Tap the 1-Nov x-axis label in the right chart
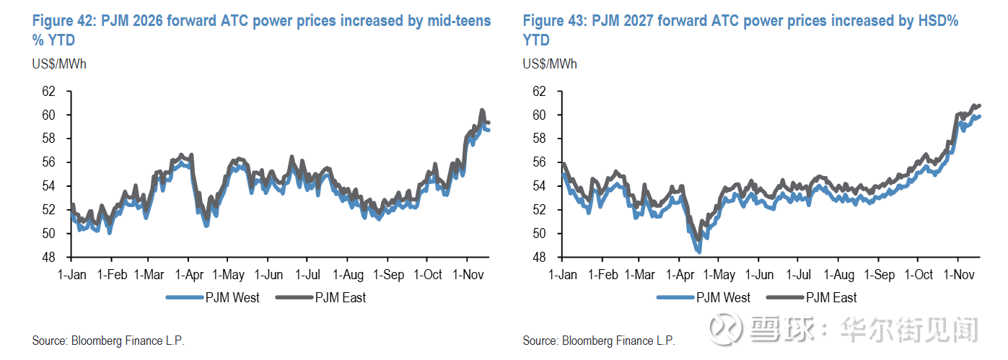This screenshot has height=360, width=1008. click(958, 275)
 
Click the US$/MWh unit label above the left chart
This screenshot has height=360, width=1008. click(58, 64)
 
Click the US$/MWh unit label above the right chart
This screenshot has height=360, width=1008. click(550, 64)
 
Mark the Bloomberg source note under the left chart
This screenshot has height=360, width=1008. click(108, 341)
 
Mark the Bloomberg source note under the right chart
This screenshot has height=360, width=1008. click(599, 341)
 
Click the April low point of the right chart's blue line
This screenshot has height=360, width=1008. click(698, 251)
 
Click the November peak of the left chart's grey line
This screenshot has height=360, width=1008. click(482, 110)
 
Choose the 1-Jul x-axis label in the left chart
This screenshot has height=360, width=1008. click(308, 275)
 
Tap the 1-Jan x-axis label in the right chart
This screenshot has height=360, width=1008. click(563, 275)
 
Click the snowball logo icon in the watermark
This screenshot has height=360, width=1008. click(725, 328)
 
